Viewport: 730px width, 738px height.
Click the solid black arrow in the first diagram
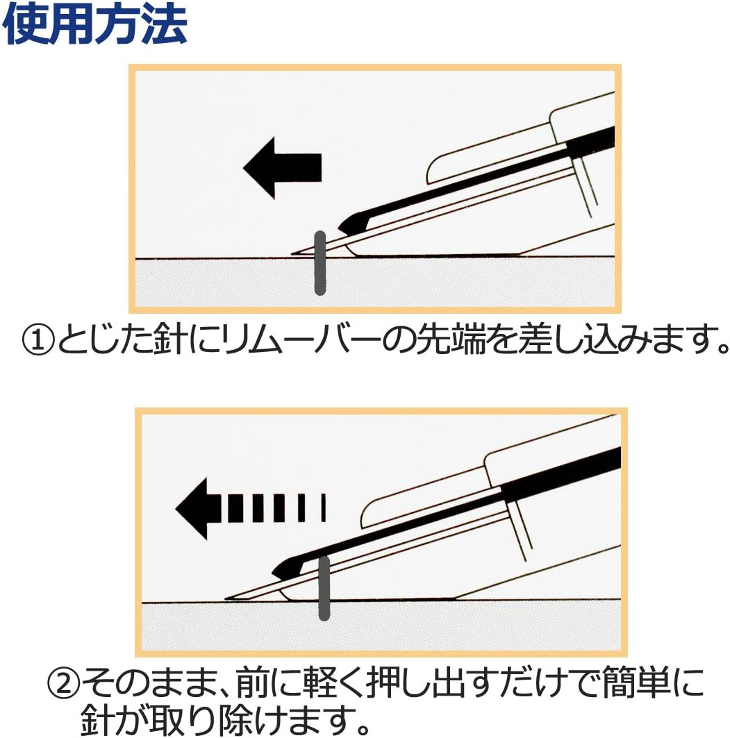point(282,167)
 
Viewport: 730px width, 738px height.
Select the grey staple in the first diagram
point(320,262)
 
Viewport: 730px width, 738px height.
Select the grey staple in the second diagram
point(323,588)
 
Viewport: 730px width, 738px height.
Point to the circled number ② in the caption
point(63,685)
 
